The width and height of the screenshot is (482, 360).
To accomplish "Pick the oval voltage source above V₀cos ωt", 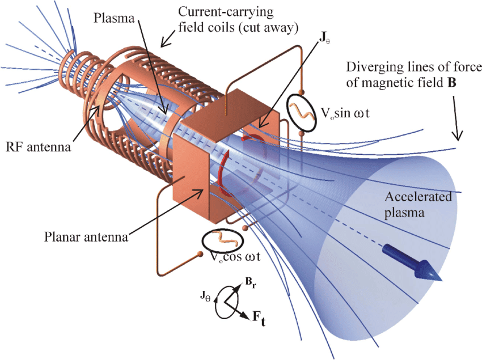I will (x=219, y=241).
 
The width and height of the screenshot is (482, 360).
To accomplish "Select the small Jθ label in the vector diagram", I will (x=206, y=294).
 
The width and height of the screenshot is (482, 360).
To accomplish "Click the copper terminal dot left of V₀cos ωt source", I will (x=200, y=255).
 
